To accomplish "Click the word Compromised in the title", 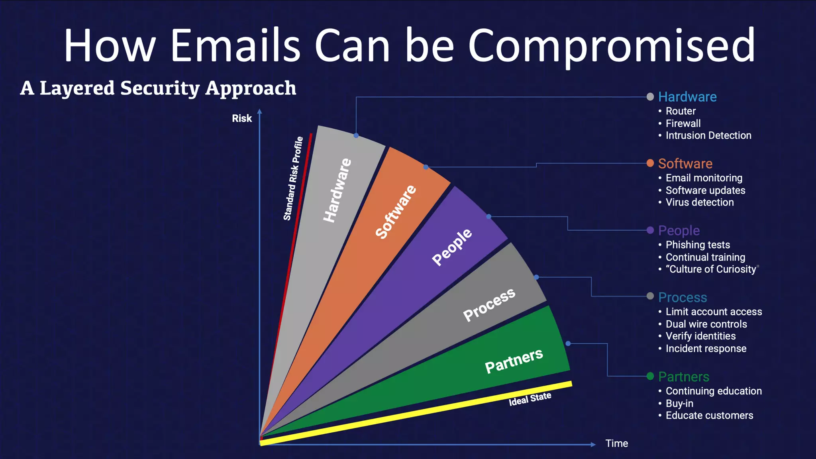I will point(611,45).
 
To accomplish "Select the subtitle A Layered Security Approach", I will point(158,88).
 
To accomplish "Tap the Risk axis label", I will point(242,118).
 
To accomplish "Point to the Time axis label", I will point(616,443).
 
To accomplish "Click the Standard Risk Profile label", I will point(293,178).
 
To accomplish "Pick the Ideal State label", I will point(530,399).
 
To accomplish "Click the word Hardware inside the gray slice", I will point(337,190).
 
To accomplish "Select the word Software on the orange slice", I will point(396,212).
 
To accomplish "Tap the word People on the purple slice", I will point(452,247).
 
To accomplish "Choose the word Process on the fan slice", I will point(489,304).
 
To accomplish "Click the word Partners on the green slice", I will point(514,360).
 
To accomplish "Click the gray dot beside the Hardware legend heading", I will point(650,97).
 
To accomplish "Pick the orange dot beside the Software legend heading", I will point(650,163).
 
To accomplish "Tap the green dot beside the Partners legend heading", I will point(650,376).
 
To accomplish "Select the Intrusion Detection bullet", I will point(708,135).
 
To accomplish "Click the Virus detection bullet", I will point(699,202).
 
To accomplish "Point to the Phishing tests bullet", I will point(698,245).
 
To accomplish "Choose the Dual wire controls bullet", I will point(706,324).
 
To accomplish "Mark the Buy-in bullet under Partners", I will point(679,403).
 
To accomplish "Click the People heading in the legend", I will point(679,230).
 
